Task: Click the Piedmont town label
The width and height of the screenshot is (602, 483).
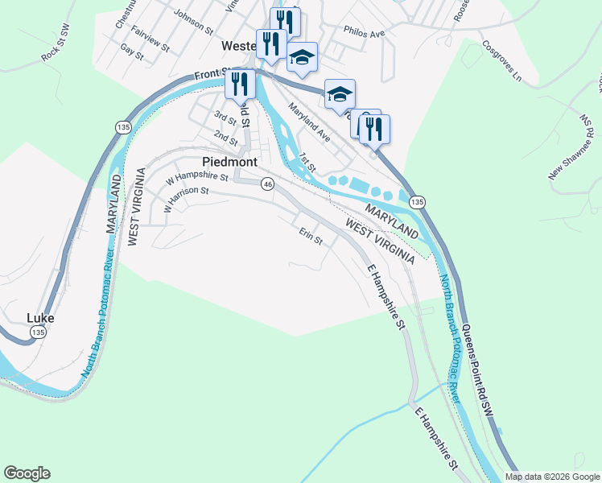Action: pos(230,162)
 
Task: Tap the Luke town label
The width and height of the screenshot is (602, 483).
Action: pos(40,318)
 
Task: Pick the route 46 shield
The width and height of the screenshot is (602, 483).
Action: pos(268,184)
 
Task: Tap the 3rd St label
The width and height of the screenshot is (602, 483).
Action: pos(225,118)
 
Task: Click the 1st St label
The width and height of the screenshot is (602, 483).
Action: pos(305,159)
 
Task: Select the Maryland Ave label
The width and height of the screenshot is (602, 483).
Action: pos(309,123)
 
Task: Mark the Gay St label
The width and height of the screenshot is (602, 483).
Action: pos(130,52)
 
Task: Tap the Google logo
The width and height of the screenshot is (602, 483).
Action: pos(27,473)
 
